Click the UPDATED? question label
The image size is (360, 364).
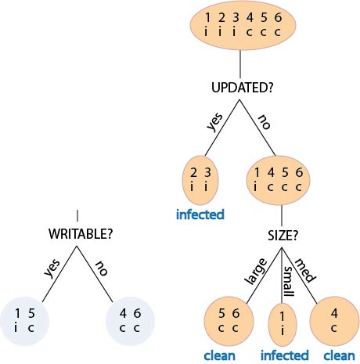coord(242,88)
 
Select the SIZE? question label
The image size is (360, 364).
coord(283,236)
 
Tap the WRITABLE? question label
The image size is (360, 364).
coord(81,234)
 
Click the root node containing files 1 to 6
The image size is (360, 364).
coord(243,26)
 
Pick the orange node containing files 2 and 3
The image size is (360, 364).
coord(200,181)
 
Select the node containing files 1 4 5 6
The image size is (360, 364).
coord(279,180)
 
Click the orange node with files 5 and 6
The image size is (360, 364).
coord(229,321)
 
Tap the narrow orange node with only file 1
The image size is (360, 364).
coord(283,325)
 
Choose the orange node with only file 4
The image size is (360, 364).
coord(334,321)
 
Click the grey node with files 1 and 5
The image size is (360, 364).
coord(24,321)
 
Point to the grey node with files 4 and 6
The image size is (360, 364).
coord(130,321)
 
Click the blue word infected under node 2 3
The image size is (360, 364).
coord(200,214)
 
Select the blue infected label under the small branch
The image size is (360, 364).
coord(285,355)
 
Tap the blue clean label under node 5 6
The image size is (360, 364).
coord(219,355)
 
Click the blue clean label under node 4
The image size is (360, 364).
coord(339,355)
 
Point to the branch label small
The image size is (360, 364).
coord(289,281)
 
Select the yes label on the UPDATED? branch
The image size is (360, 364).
coord(214,121)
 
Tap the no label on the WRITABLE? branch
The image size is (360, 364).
coord(102,268)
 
